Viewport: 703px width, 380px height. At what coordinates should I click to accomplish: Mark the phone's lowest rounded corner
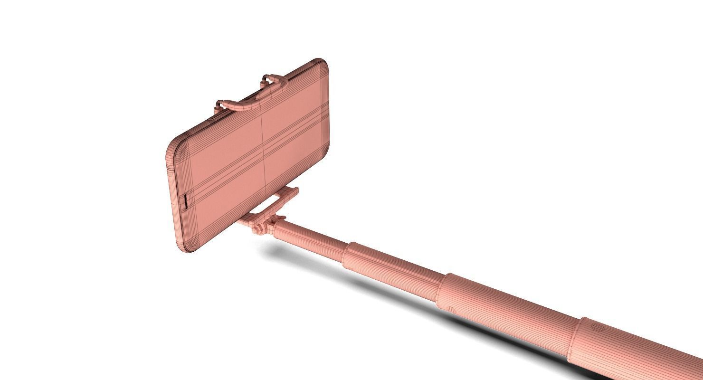click(x=183, y=247)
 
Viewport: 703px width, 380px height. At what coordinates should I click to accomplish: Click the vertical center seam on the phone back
click(x=262, y=142)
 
